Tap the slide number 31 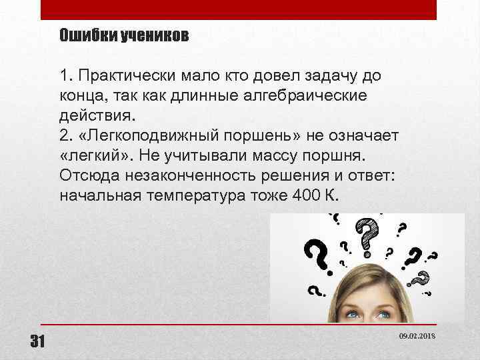coord(37,342)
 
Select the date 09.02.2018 coord(417,338)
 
